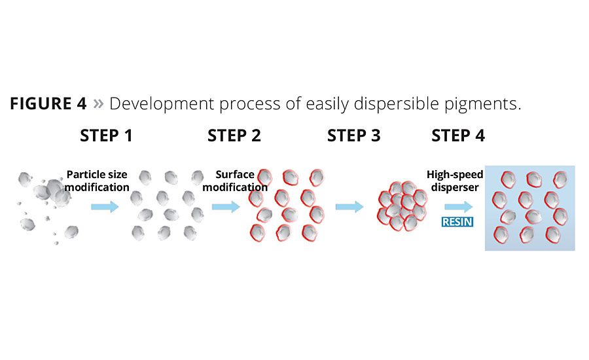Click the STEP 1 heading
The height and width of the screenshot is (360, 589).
[x=106, y=136]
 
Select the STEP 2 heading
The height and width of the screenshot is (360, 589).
[x=234, y=136]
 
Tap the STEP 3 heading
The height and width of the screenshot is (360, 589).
[x=353, y=136]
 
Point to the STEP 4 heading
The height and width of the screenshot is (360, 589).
[x=458, y=136]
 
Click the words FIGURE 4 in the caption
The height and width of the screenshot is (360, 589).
[x=49, y=104]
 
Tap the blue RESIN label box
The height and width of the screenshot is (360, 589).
[x=457, y=222]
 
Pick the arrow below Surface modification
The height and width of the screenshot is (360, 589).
[x=225, y=207]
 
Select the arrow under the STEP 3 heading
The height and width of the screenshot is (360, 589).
[x=349, y=207]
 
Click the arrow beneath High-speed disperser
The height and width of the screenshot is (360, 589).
[x=458, y=207]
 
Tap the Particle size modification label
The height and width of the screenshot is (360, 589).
[x=97, y=181]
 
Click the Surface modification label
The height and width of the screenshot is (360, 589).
[x=234, y=181]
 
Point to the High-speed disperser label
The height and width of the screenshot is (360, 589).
[x=455, y=181]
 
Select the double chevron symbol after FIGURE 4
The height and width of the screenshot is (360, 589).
[x=98, y=104]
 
